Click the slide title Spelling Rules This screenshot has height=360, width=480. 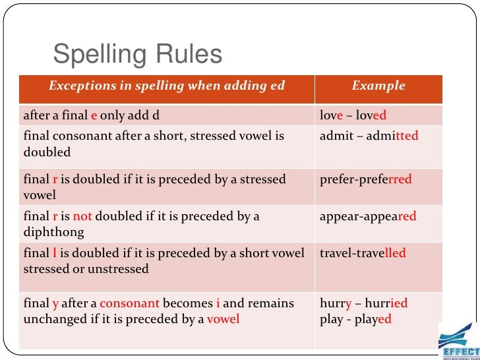pos(137,56)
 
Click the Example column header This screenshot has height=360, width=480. pos(378,86)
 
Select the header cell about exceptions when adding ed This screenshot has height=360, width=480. pos(167,86)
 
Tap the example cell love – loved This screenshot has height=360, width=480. pos(353,116)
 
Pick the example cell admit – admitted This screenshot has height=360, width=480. pos(369,136)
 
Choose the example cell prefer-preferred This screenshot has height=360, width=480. pos(365,179)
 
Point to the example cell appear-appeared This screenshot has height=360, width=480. pos(367,216)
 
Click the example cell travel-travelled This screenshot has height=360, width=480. pos(363,253)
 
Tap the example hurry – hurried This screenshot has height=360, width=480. pos(363,303)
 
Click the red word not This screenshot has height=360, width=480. pos(82,216)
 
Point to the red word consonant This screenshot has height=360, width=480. pos(130,303)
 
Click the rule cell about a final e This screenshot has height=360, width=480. pos(92,116)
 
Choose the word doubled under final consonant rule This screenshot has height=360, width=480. pos(47,152)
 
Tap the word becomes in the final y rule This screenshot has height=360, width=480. pos(187,303)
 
